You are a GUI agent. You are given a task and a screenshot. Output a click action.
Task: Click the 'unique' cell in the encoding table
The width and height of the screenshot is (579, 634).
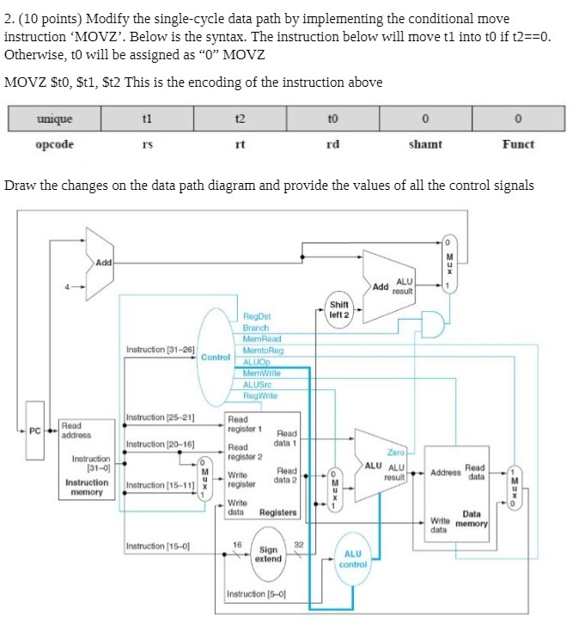pos(54,119)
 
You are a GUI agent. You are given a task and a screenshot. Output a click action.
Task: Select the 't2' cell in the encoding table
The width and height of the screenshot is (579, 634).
pos(240,119)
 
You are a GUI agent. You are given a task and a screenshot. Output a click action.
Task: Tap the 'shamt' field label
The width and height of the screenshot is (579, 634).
pos(425,144)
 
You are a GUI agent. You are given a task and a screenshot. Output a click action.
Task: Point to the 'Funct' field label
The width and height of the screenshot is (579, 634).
pos(518,144)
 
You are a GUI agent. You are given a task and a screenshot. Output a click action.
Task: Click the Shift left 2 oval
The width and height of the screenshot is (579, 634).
pos(339,309)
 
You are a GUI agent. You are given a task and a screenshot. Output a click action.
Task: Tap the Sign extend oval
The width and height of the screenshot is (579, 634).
pos(268,554)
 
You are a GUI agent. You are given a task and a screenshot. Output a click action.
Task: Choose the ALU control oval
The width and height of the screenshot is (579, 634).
pos(353,559)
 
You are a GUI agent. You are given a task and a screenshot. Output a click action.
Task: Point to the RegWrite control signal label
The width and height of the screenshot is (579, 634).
pos(260,395)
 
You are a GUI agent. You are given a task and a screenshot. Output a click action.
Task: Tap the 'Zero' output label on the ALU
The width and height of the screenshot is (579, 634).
pos(396,452)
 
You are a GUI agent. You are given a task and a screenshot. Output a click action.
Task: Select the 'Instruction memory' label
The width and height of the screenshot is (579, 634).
pos(88,487)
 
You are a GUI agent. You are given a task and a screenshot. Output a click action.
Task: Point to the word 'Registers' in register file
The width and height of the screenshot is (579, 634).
pos(277,512)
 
